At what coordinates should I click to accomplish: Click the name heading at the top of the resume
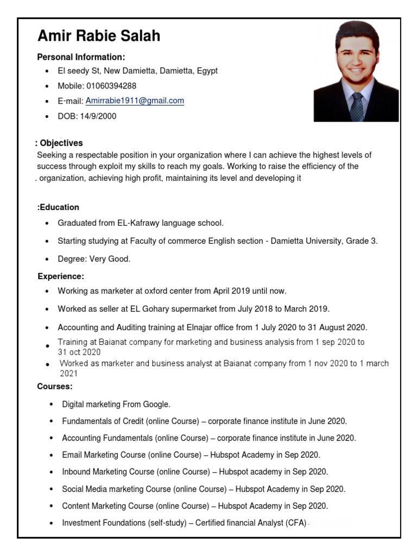coord(99,36)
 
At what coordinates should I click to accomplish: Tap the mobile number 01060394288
coord(111,86)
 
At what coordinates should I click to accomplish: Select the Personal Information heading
coord(81,57)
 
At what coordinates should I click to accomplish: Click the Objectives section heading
coord(60,143)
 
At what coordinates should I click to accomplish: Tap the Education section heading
coord(58,207)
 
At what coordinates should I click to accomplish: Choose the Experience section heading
coord(61,276)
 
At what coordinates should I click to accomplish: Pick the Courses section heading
coord(55,387)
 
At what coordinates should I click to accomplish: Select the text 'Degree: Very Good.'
coord(94,259)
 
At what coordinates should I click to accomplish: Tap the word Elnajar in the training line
coord(207,327)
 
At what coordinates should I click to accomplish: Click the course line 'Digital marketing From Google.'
coord(116,405)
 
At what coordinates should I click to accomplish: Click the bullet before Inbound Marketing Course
coord(51,472)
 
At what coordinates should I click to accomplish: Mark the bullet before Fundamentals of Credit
coord(51,421)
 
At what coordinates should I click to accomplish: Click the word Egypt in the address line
coord(207,71)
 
